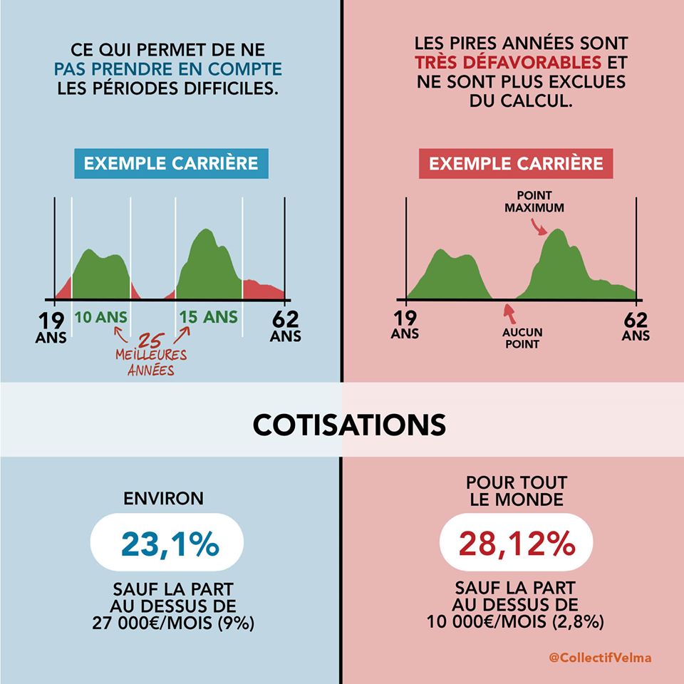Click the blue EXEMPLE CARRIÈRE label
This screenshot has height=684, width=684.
click(x=171, y=163)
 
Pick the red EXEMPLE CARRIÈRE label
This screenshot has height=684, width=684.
click(x=516, y=164)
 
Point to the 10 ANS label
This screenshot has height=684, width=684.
click(x=101, y=317)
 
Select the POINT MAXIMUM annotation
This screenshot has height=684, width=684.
click(x=534, y=202)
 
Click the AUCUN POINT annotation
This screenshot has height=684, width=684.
click(x=523, y=338)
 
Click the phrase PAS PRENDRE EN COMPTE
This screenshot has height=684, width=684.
click(x=168, y=70)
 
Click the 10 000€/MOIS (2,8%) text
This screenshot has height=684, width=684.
click(x=516, y=622)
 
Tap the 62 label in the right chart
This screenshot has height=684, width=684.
click(x=636, y=318)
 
